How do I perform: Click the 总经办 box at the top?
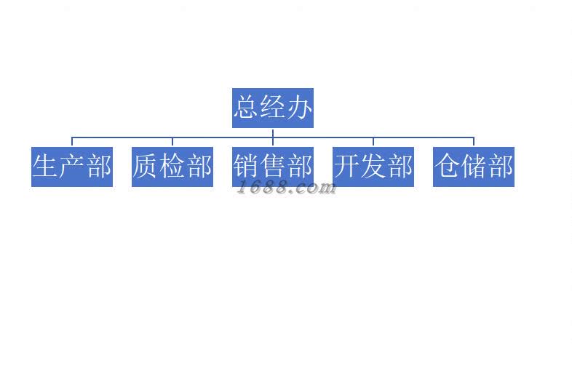tap(272, 108)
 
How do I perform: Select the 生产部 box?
tap(72, 167)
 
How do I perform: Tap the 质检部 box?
tap(172, 167)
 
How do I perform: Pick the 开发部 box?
tap(373, 167)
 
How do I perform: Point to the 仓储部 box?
tap(474, 167)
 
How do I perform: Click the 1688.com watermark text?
tap(287, 188)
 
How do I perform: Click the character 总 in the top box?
tap(246, 108)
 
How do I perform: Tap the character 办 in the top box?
tap(299, 108)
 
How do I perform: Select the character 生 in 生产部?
tap(45, 167)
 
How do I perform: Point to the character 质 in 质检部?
tap(146, 167)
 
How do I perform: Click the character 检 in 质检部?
tap(172, 167)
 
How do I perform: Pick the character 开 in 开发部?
tap(346, 167)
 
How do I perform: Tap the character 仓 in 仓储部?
tap(447, 167)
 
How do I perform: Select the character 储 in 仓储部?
tap(474, 167)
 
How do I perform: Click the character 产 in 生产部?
tap(72, 167)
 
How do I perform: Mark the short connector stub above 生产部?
tap(72, 141)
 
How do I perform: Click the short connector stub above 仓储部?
tap(474, 141)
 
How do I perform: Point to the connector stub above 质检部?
tap(172, 141)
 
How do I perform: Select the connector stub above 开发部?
tap(373, 141)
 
